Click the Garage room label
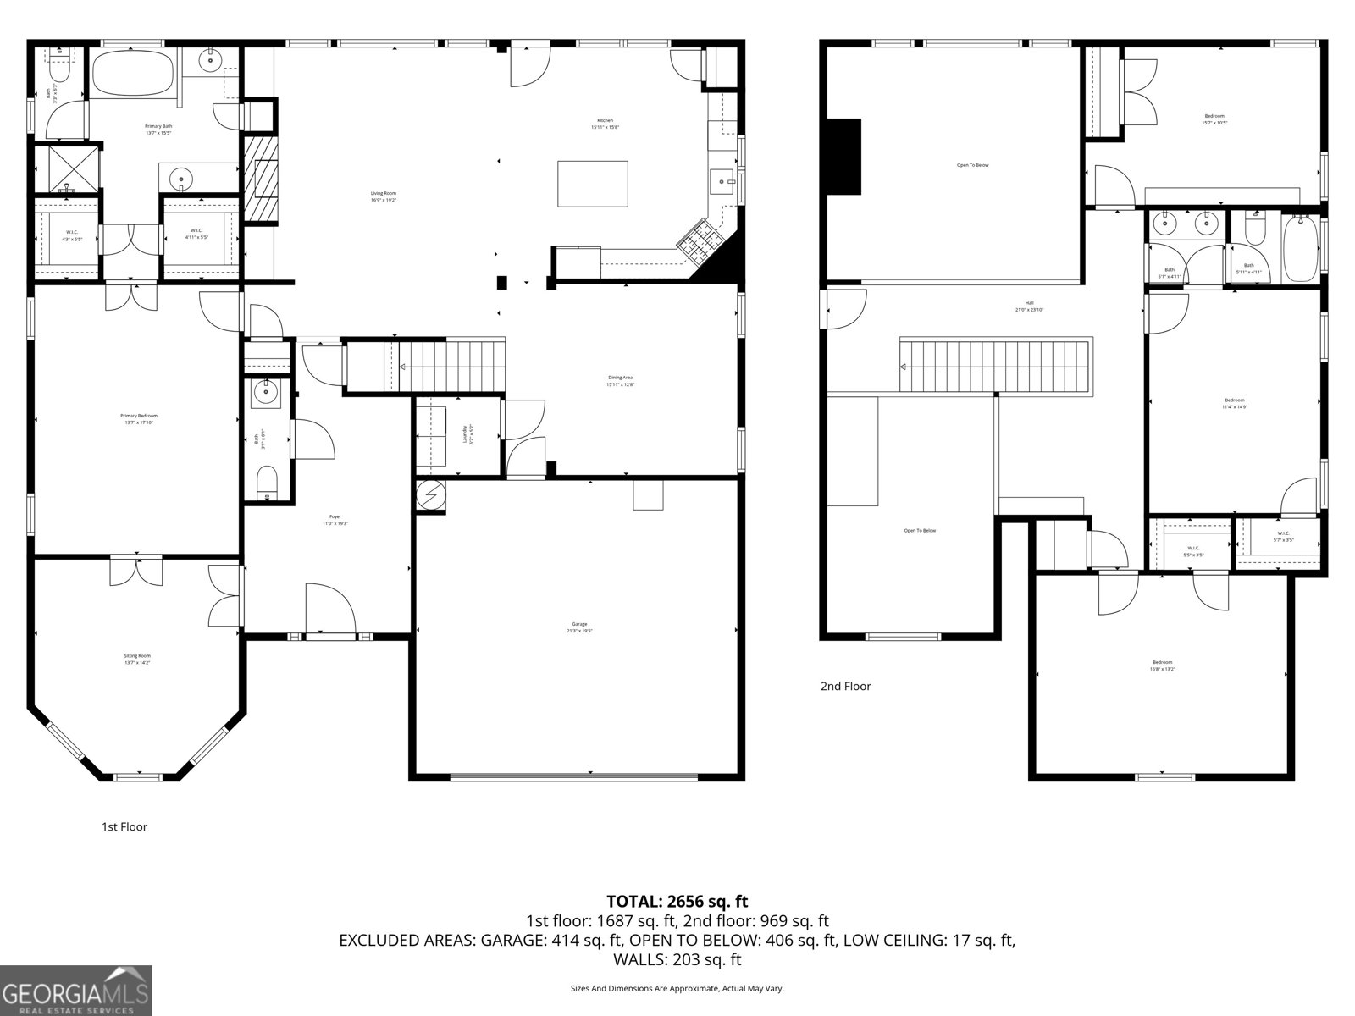[579, 627]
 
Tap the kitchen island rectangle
[593, 184]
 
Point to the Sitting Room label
[137, 659]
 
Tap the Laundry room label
[464, 433]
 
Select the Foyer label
[335, 520]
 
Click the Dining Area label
[620, 380]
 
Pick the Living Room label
[384, 196]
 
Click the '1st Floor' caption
[124, 826]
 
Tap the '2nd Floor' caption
[845, 686]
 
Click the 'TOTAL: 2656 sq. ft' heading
[677, 902]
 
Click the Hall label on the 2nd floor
[1029, 306]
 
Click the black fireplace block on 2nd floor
[843, 157]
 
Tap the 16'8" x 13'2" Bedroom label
[1162, 665]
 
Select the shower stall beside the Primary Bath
[67, 170]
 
